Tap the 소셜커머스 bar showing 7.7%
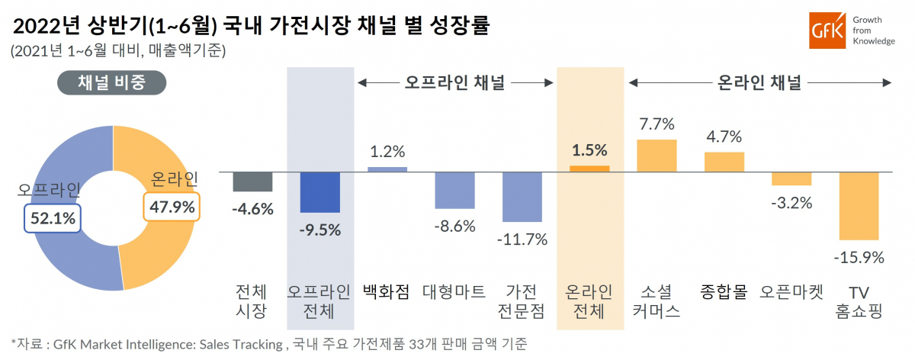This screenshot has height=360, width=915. coord(657,156)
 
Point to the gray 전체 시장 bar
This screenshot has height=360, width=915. coord(252,182)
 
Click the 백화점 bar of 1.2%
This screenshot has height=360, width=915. coord(387,169)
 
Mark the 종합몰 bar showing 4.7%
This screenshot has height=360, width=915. coord(724,162)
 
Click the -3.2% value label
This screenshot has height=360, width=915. coord(791,204)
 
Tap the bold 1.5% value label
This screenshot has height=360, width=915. coord(589,150)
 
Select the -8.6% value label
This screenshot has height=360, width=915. coord(454,227)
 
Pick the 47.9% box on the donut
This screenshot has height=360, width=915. coord(172,206)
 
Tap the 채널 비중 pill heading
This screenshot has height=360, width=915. coord(112,83)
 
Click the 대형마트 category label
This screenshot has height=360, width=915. coord(454,292)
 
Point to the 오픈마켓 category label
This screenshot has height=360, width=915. coord(791,292)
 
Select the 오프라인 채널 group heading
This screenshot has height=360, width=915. coord(455,82)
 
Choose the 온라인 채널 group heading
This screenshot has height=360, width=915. coord(759,82)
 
